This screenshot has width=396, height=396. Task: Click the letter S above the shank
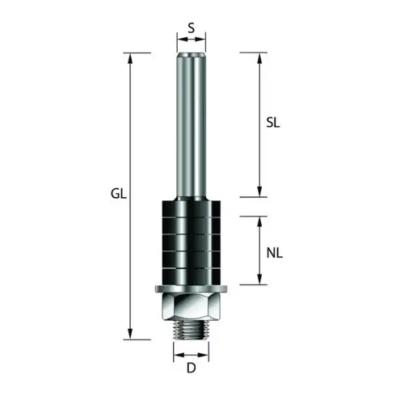pos(191,27)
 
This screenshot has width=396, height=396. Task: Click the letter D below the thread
pos(191,369)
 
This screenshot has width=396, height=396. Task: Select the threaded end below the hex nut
pos(191,331)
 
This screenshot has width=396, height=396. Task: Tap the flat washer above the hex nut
pos(191,289)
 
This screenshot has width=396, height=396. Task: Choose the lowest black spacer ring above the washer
pos(191,273)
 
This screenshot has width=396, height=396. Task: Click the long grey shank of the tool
pos(191,121)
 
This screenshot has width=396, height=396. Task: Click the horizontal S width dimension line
pos(191,38)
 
